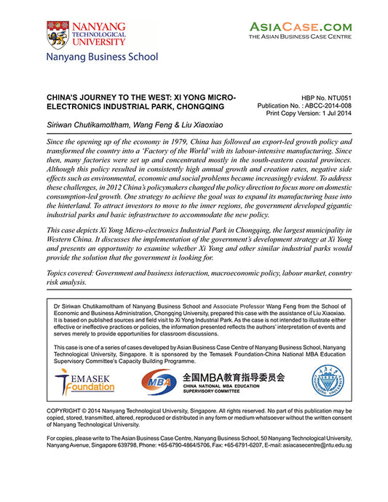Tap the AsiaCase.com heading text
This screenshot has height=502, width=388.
pyautogui.click(x=301, y=27)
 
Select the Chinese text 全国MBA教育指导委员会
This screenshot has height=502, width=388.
pyautogui.click(x=233, y=377)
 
